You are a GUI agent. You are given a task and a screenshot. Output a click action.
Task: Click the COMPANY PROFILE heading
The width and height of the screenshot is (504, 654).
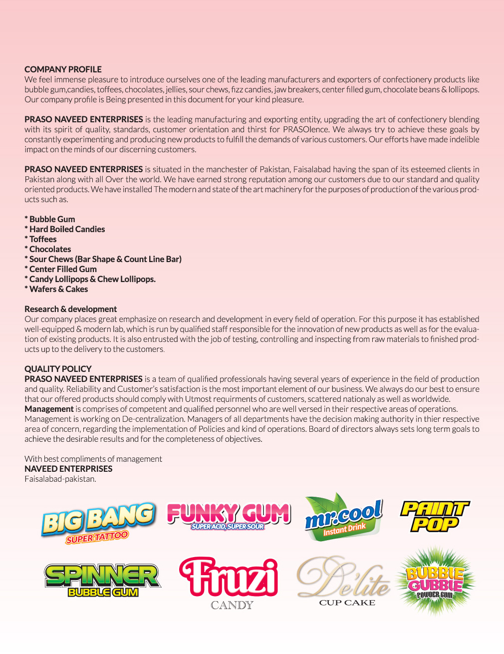[x=63, y=69]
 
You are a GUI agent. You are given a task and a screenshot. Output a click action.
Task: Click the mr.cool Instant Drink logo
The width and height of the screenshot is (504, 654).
[x=344, y=518]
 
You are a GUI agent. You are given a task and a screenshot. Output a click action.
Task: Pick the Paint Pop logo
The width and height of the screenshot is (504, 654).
[x=435, y=517]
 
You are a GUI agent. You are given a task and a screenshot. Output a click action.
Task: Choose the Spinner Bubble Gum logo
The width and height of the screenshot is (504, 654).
[x=102, y=580]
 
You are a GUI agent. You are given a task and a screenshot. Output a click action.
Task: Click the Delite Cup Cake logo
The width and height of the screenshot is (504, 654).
[x=344, y=582]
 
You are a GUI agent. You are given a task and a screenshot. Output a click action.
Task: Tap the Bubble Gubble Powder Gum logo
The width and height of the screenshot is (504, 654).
[x=435, y=580]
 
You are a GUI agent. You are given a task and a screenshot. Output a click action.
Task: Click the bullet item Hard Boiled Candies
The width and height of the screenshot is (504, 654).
[x=65, y=229]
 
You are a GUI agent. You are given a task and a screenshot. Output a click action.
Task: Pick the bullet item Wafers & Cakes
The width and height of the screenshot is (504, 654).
[x=56, y=289]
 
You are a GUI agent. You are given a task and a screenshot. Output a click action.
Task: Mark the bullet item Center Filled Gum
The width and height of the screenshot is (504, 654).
[x=61, y=269]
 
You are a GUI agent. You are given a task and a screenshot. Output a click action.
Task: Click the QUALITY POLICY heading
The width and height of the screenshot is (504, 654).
[x=58, y=369]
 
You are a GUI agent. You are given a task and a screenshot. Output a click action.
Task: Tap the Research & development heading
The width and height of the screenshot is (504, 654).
[x=70, y=309]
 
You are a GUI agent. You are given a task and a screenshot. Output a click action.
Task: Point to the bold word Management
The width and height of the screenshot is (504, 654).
[x=49, y=409]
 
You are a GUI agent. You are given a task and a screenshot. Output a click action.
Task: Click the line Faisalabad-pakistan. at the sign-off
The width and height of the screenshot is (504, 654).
[x=60, y=479]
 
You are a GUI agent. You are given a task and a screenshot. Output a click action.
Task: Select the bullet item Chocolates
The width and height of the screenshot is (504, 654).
[x=48, y=249]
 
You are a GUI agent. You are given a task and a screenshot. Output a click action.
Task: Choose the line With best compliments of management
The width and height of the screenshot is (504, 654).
[x=93, y=459]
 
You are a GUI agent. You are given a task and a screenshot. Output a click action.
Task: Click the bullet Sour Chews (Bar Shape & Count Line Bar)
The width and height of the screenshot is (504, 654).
[x=103, y=259]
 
